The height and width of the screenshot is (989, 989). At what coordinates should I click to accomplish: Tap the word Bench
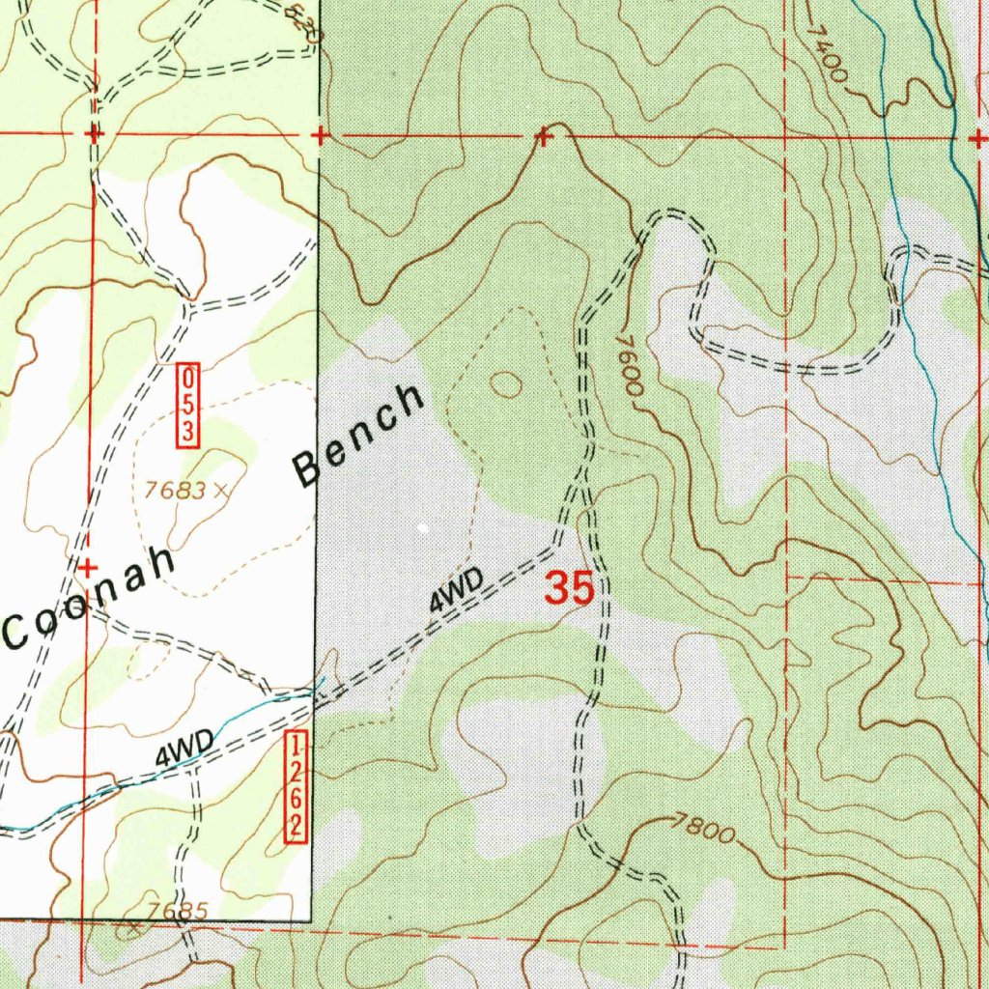[x=360, y=435]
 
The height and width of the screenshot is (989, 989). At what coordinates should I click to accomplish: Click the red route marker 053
[x=187, y=407]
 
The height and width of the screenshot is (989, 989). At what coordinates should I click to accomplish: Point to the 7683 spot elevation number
[x=174, y=491]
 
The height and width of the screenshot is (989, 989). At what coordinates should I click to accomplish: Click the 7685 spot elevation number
[x=178, y=911]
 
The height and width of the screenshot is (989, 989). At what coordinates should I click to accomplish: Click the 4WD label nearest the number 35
[x=456, y=590]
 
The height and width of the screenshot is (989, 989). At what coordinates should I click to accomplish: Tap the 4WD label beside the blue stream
[x=184, y=749]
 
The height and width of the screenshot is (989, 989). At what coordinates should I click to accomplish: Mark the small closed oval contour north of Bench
[x=506, y=384]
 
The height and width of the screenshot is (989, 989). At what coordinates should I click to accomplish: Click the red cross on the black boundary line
[x=319, y=136]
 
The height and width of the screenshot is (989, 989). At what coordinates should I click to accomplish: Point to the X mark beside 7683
[x=221, y=490]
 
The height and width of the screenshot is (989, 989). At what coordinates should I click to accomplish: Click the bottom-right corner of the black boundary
[x=312, y=920]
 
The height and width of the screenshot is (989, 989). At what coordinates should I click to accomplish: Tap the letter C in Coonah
[x=20, y=632]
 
